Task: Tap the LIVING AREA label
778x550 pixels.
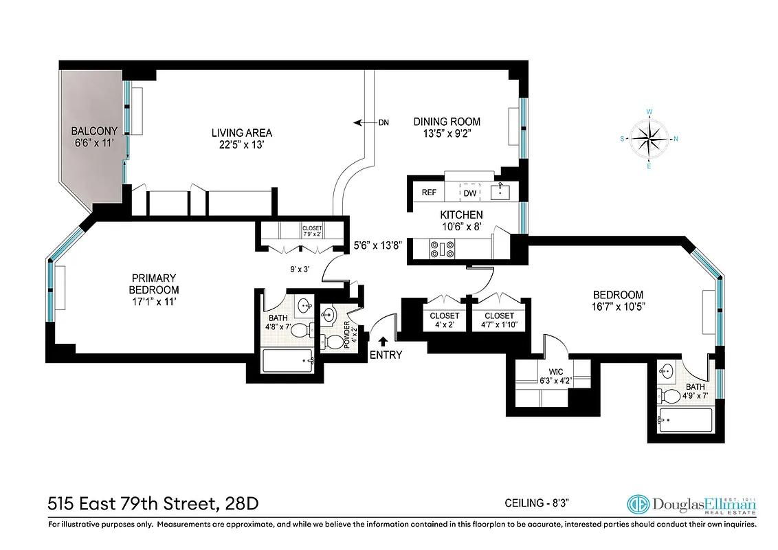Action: tap(241, 133)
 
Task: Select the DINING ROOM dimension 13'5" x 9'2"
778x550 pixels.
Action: tap(446, 134)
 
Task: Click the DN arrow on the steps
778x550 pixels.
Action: tap(359, 123)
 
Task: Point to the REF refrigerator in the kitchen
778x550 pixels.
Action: tap(430, 192)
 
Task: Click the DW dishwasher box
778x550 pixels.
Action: tap(470, 193)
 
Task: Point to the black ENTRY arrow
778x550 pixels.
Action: tap(383, 339)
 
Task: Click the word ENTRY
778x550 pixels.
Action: tap(386, 355)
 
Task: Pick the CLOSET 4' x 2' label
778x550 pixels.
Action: tap(445, 320)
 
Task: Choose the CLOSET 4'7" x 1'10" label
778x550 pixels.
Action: tap(499, 320)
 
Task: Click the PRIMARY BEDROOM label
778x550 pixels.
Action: tap(155, 289)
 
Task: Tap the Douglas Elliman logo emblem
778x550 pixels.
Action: tap(638, 504)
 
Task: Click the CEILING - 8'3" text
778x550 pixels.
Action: tap(537, 503)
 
